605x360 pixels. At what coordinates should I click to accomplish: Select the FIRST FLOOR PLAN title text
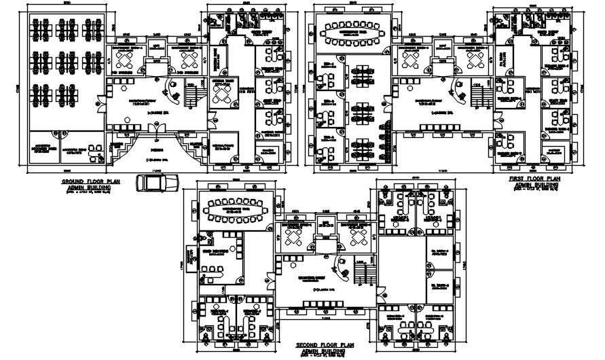(536, 179)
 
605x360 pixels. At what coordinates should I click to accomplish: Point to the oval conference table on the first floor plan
(351, 31)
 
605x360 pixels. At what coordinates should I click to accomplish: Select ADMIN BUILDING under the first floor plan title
(536, 184)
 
